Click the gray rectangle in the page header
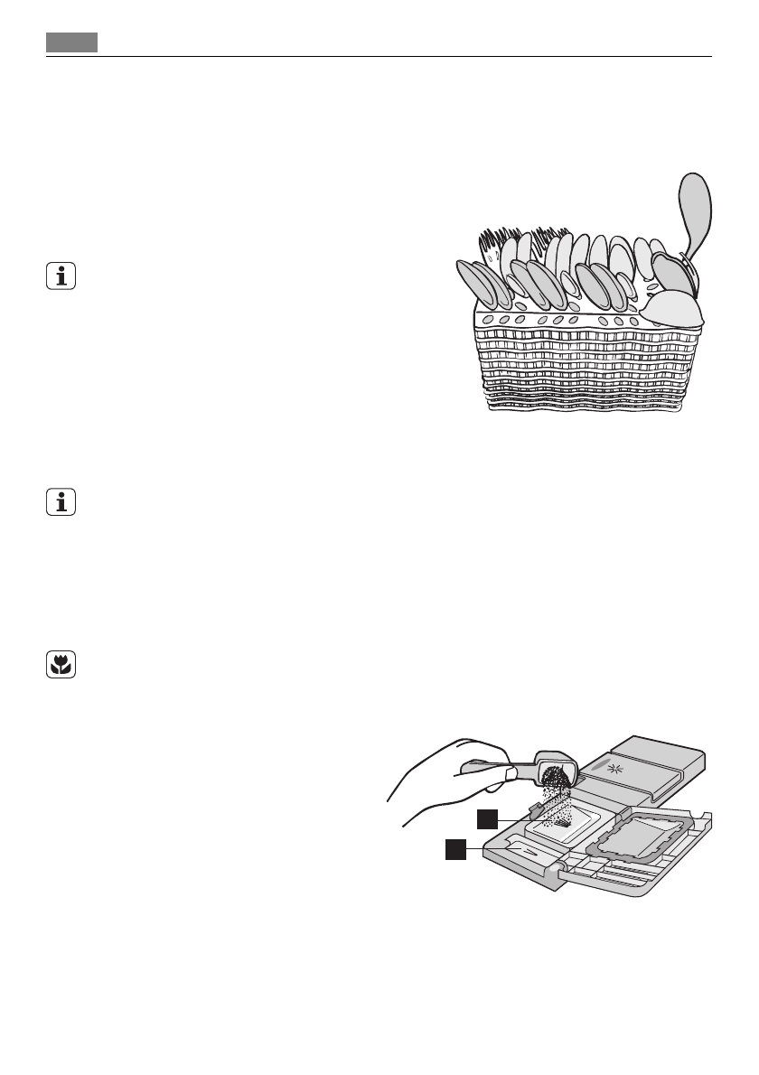tap(72, 42)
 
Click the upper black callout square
tap(488, 818)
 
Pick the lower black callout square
tap(454, 849)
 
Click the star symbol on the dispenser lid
tap(614, 769)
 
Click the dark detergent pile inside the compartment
tap(561, 823)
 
